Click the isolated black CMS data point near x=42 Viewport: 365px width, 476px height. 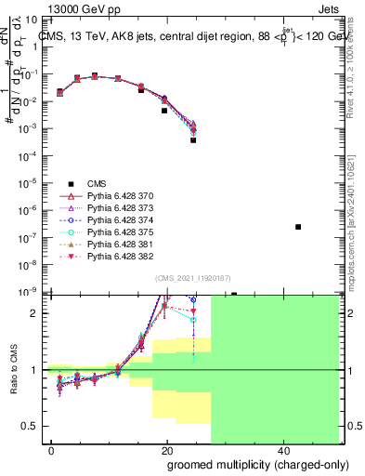[x=298, y=227]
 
